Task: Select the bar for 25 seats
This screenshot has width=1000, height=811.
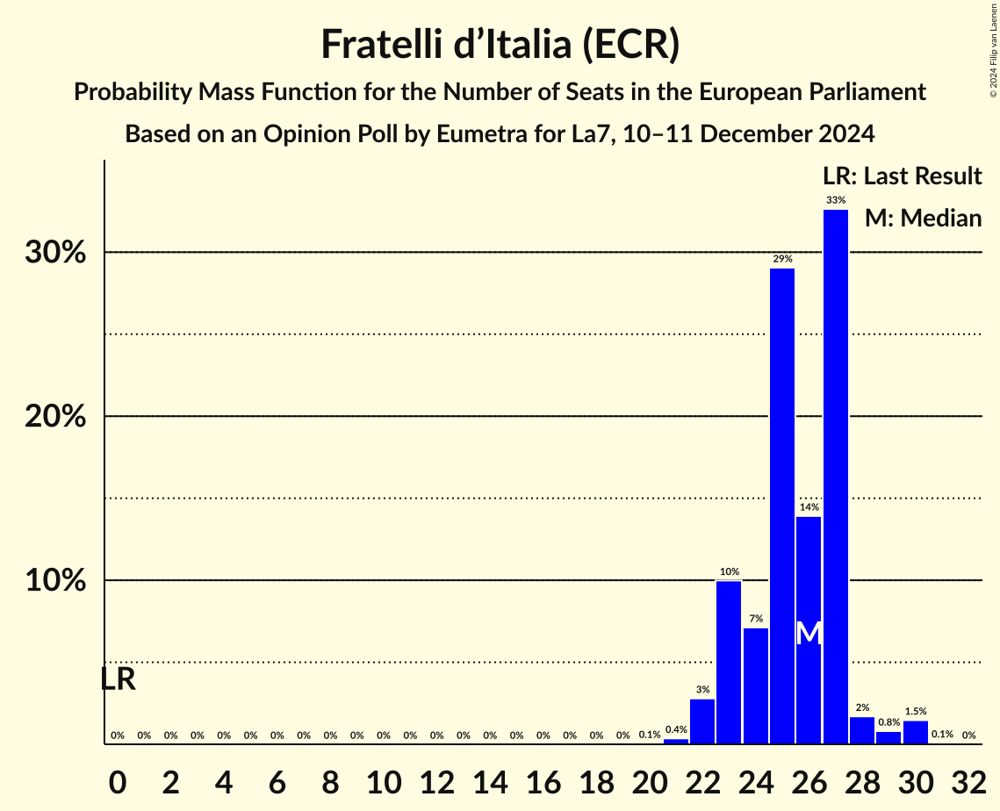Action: pyautogui.click(x=782, y=506)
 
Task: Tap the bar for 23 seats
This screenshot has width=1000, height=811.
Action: pyautogui.click(x=729, y=662)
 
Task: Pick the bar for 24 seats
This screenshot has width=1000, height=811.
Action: pyautogui.click(x=755, y=685)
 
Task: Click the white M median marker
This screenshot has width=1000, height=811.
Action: pyautogui.click(x=809, y=633)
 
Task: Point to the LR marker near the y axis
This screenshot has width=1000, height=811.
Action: pyautogui.click(x=118, y=679)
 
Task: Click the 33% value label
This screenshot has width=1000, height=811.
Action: pyautogui.click(x=835, y=200)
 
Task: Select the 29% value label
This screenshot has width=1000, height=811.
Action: pyautogui.click(x=782, y=259)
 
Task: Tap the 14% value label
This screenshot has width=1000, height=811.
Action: pyautogui.click(x=809, y=507)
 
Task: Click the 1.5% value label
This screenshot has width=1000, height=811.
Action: pyautogui.click(x=915, y=711)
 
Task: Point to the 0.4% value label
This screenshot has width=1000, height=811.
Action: pyautogui.click(x=675, y=729)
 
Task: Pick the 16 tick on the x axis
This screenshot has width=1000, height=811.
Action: pyautogui.click(x=543, y=779)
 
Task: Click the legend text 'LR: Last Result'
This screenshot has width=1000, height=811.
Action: pyautogui.click(x=901, y=176)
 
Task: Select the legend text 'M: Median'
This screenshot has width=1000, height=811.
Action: pyautogui.click(x=923, y=218)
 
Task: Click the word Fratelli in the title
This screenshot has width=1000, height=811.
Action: pyautogui.click(x=383, y=44)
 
